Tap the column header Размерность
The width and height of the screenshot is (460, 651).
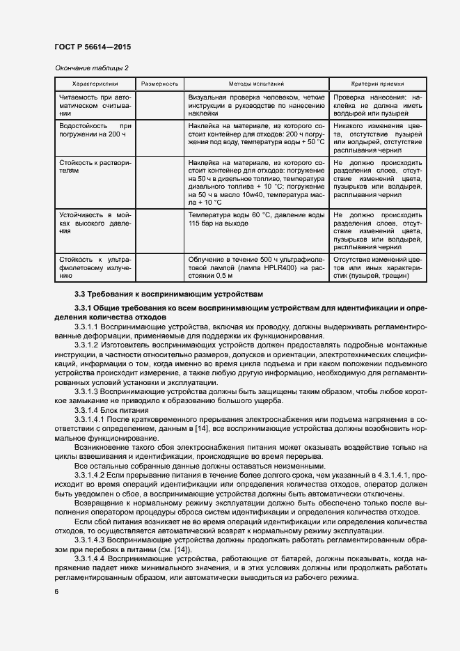coord(160,84)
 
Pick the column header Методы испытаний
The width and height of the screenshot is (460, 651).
coord(256,84)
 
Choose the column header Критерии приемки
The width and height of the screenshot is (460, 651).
coord(378,84)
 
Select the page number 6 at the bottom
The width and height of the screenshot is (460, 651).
coord(56,591)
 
